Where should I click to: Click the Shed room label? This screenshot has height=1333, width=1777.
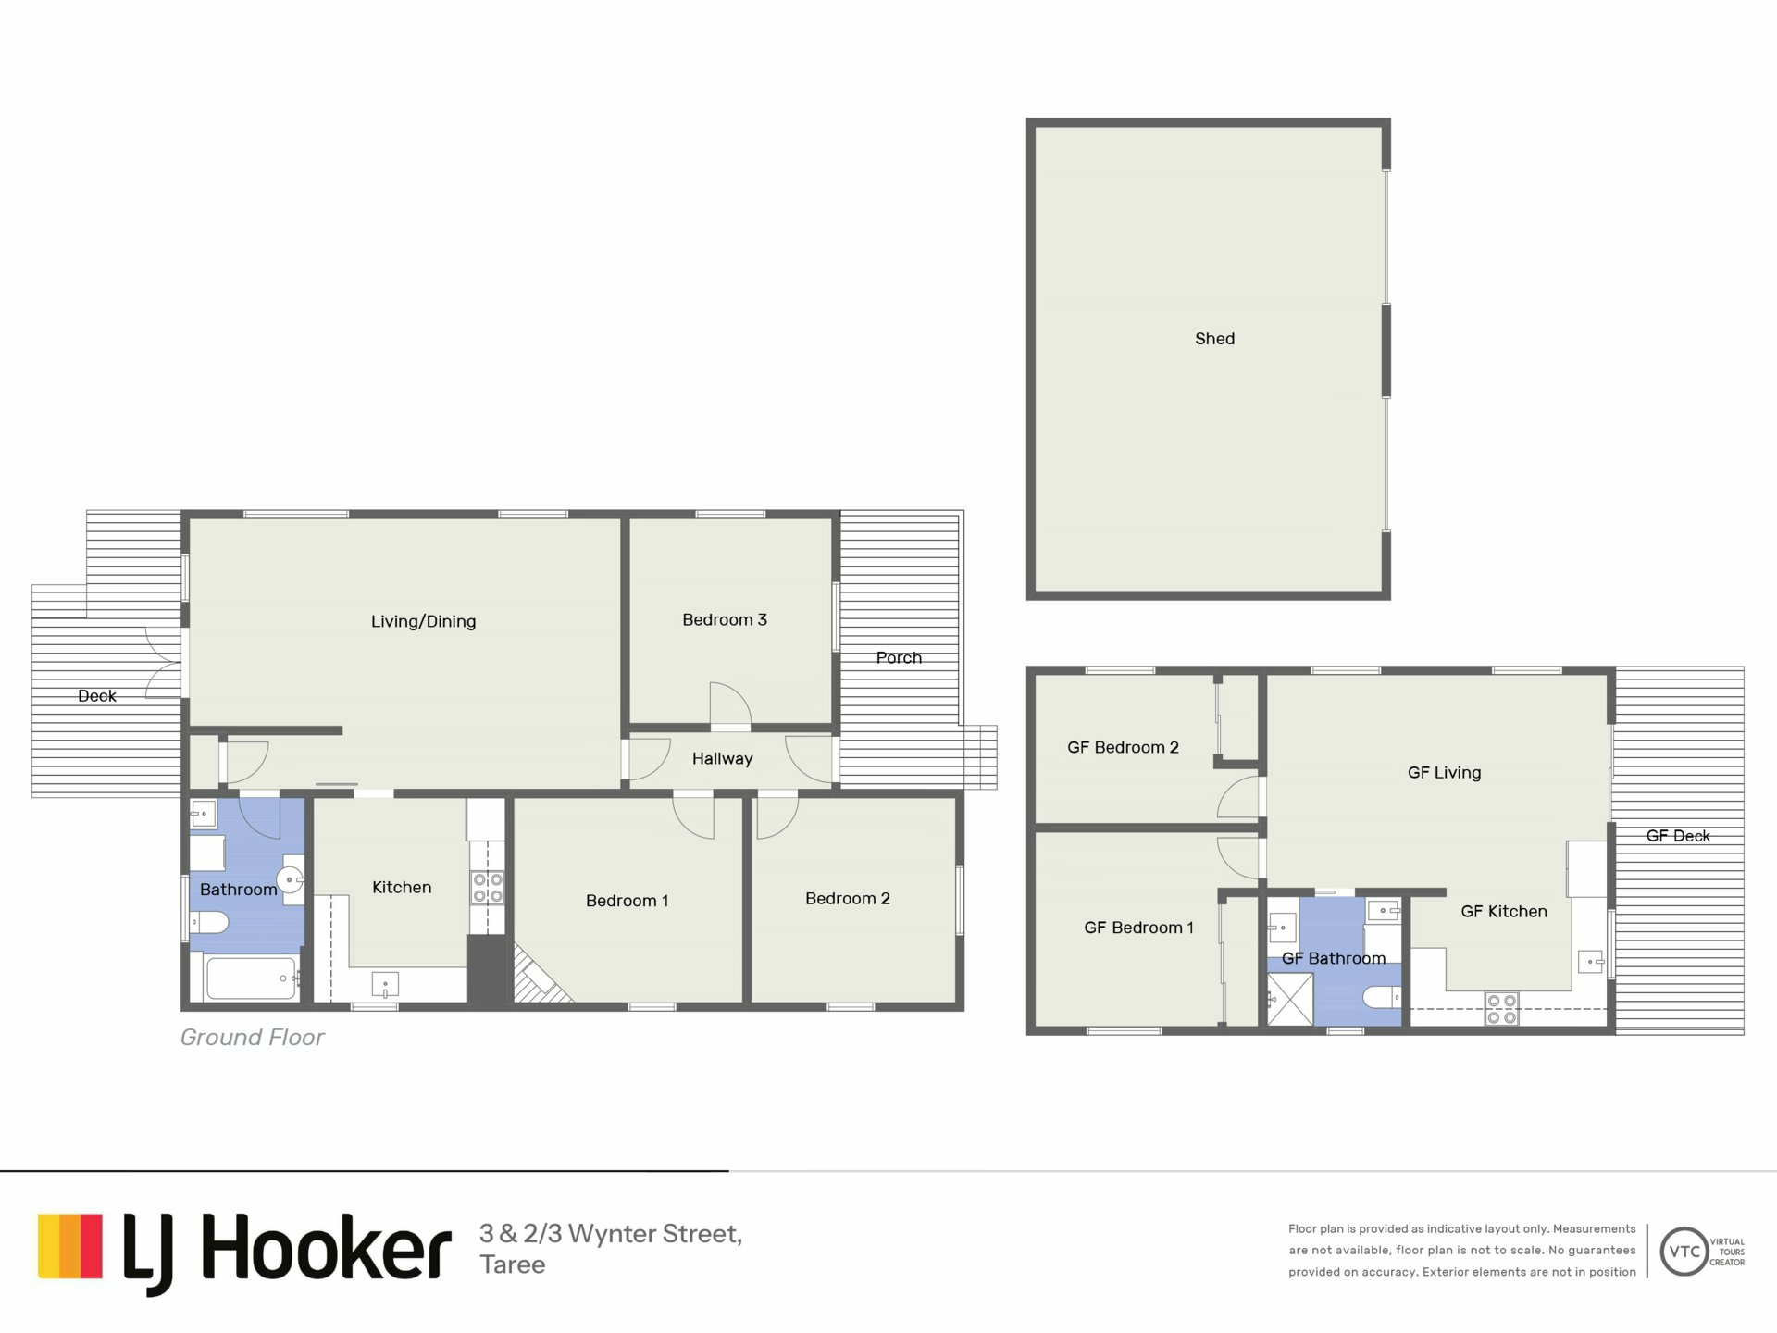pyautogui.click(x=1214, y=339)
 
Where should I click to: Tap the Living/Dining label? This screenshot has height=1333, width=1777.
pyautogui.click(x=423, y=621)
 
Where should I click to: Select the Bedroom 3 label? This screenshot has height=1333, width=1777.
pyautogui.click(x=725, y=619)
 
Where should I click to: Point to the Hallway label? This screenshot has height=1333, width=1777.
pyautogui.click(x=722, y=758)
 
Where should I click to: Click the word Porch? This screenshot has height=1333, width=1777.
pyautogui.click(x=899, y=657)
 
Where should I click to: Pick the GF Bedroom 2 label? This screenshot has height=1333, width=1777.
pyautogui.click(x=1123, y=747)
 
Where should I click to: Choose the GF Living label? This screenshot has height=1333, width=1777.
pyautogui.click(x=1444, y=772)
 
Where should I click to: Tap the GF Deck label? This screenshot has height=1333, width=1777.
pyautogui.click(x=1678, y=836)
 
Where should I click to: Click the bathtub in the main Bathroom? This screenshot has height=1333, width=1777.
pyautogui.click(x=251, y=978)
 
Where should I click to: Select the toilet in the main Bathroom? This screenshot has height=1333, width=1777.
pyautogui.click(x=210, y=922)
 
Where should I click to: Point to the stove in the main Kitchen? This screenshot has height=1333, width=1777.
pyautogui.click(x=488, y=888)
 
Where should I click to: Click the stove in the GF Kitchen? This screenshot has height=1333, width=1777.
pyautogui.click(x=1501, y=1009)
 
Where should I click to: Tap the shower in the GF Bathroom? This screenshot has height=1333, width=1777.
pyautogui.click(x=1290, y=1000)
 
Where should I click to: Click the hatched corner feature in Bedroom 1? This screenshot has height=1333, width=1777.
pyautogui.click(x=539, y=978)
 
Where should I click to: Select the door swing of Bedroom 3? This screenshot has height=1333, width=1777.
pyautogui.click(x=730, y=704)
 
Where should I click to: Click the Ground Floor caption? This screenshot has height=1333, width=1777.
pyautogui.click(x=252, y=1037)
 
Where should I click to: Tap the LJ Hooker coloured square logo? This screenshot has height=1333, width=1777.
pyautogui.click(x=70, y=1246)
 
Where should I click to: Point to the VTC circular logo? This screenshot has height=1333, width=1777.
pyautogui.click(x=1684, y=1252)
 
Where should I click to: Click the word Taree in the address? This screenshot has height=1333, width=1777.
pyautogui.click(x=512, y=1264)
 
